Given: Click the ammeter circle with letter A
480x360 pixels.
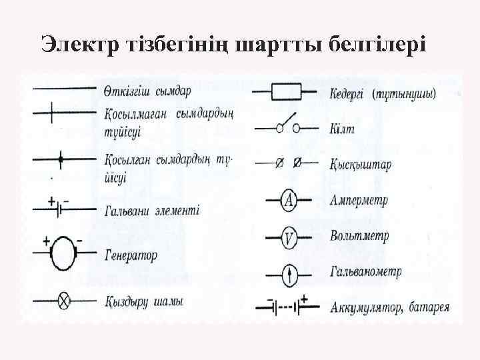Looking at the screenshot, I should pos(288,201).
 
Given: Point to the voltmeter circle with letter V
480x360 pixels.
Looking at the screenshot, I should pos(288,237).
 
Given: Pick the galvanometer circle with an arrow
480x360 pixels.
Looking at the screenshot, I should pos(288,273).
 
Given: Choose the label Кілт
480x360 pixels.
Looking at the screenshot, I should pos(341,129).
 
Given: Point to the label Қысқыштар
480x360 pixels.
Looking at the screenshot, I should pos(361,164).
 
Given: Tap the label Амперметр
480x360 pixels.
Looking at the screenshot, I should pos(360,201).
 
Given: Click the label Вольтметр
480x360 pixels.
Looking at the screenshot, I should pos(359,237).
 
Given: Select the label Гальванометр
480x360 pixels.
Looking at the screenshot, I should pos(366,272).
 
